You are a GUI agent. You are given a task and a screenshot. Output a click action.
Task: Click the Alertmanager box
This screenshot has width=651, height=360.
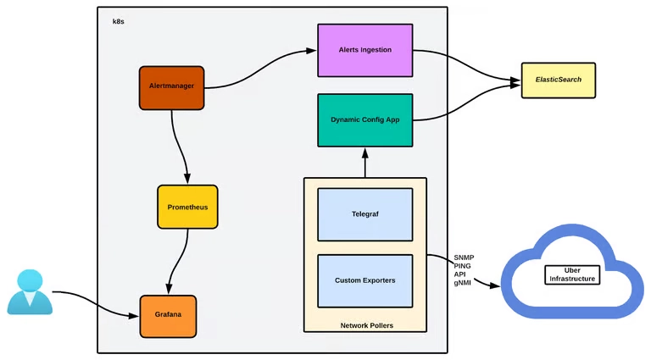171,87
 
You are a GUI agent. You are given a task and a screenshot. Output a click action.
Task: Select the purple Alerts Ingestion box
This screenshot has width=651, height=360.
364,50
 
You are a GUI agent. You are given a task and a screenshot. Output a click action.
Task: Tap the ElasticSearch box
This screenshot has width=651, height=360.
558,81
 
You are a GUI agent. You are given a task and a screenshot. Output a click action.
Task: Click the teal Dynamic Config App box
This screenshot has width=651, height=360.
364,120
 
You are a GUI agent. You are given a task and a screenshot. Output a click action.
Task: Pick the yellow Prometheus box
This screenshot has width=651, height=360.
187,207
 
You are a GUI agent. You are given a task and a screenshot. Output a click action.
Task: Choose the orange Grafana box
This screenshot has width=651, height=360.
168,316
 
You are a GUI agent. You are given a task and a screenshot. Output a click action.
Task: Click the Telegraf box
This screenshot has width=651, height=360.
364,215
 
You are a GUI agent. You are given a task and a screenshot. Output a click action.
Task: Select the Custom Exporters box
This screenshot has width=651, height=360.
364,280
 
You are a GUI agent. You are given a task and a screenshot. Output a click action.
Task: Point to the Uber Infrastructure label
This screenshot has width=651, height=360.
572,274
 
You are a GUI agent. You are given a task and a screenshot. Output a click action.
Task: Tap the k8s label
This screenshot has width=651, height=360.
120,21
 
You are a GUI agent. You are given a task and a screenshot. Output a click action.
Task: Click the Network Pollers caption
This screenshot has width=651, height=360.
365,325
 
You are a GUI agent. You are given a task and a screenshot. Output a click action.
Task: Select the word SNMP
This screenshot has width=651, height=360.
465,257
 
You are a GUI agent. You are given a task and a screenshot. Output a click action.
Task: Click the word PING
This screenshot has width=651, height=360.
463,266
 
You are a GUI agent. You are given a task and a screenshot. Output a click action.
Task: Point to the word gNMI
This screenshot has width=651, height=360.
464,283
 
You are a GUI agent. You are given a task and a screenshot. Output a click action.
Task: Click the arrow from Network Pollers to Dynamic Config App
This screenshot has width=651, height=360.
365,163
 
